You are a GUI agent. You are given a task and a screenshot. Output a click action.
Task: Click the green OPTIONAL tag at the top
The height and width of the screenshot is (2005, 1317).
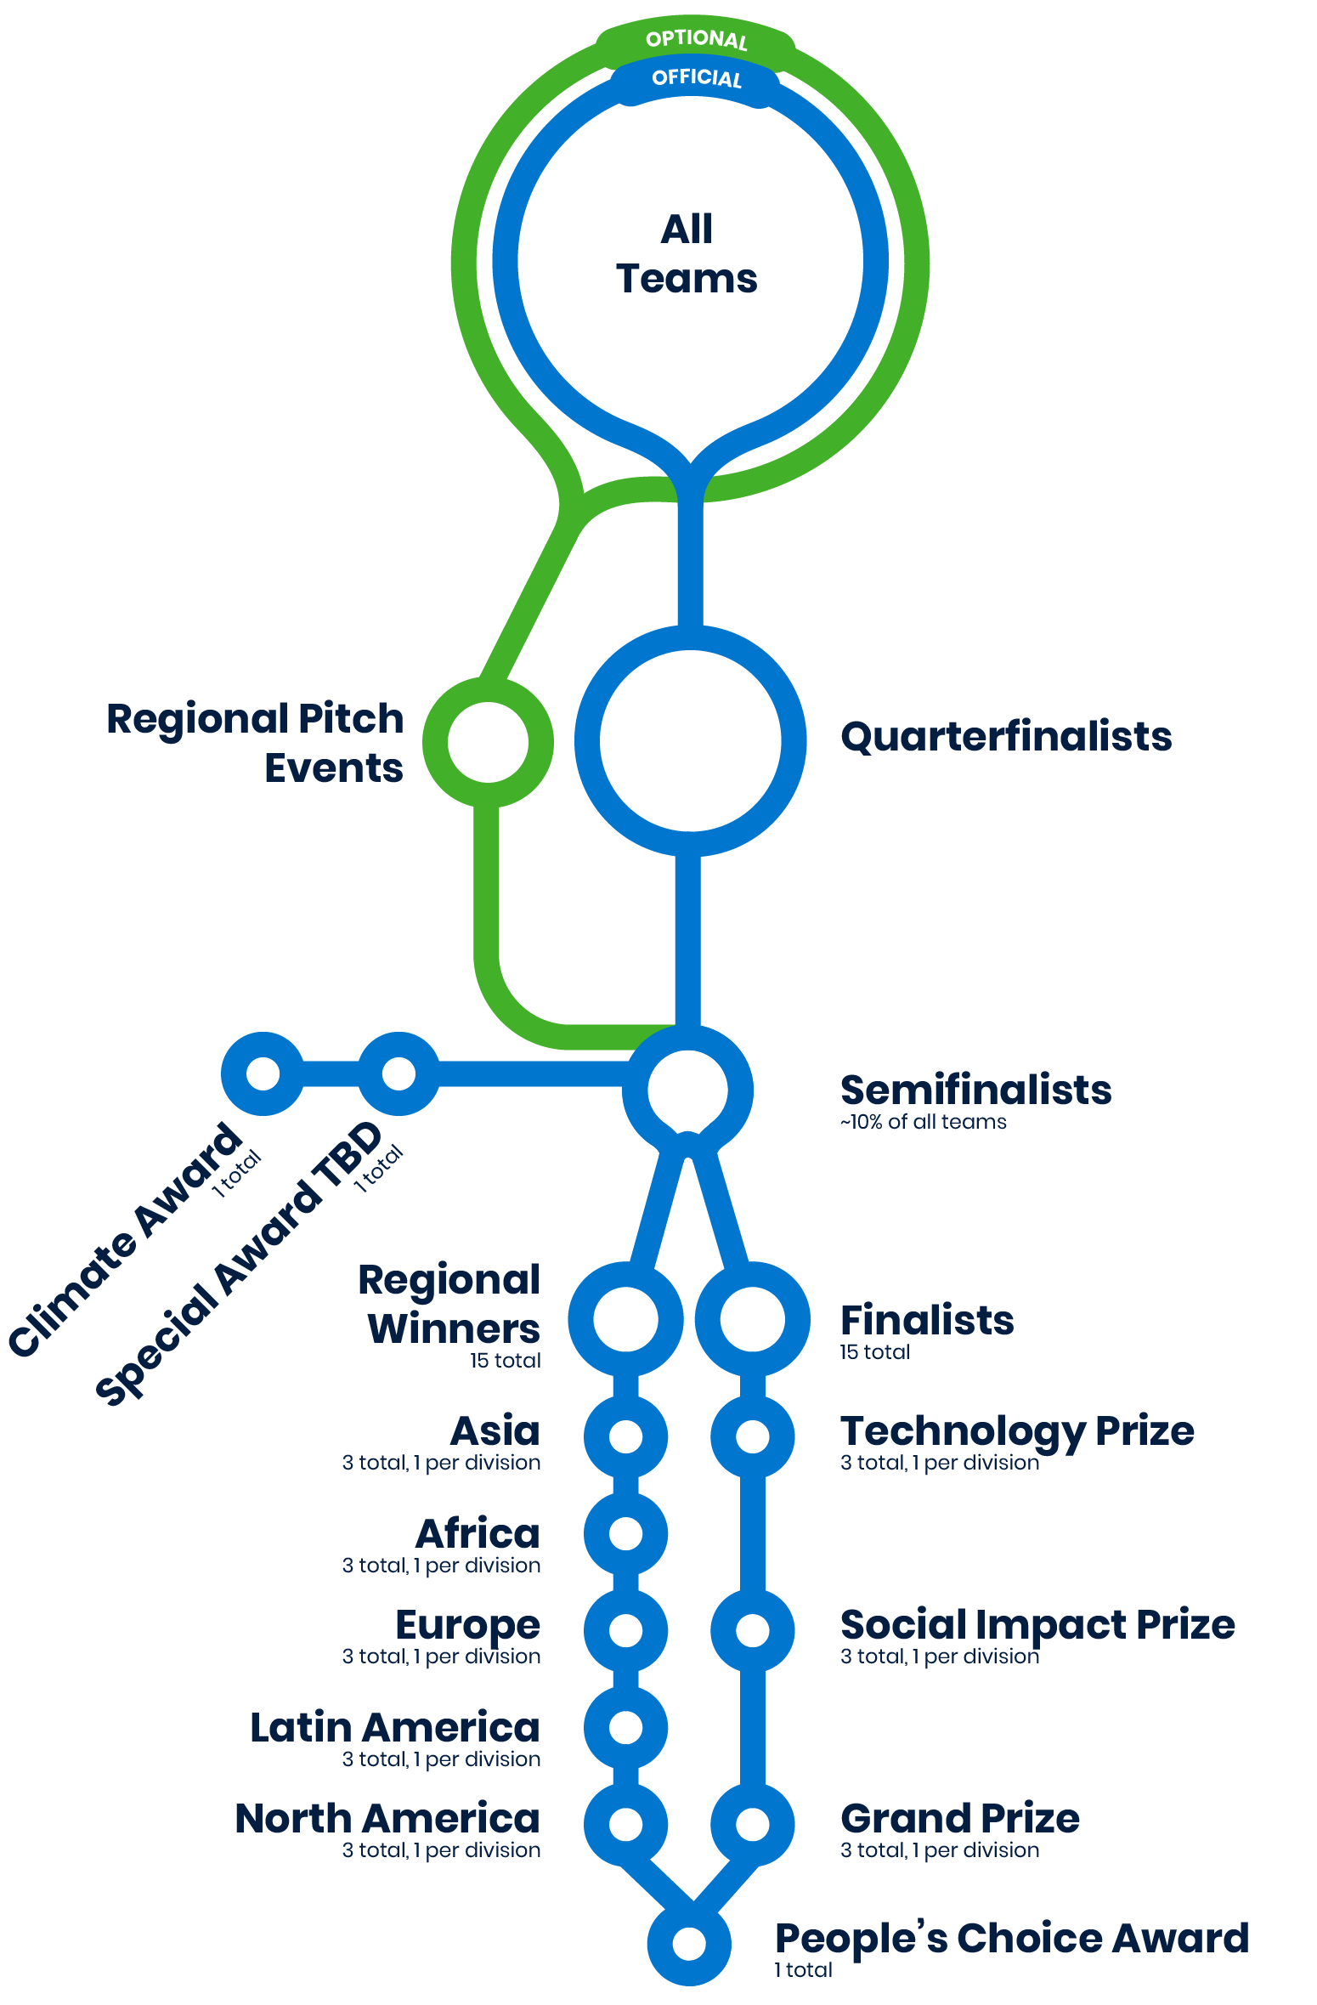click(x=696, y=39)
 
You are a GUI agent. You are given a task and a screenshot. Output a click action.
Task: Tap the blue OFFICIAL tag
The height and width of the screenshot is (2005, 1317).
click(x=696, y=78)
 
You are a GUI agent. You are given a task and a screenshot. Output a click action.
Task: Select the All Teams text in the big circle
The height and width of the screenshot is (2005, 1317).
click(x=687, y=254)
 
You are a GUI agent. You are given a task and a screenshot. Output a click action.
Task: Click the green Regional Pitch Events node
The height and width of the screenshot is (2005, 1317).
click(x=489, y=742)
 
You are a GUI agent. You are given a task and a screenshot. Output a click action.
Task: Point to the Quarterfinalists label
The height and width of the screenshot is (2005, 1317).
click(x=1006, y=737)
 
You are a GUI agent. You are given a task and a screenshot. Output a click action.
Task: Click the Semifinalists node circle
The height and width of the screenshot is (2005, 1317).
click(x=687, y=1089)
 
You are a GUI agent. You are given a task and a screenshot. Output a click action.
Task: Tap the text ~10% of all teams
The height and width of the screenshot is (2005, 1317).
click(x=923, y=1122)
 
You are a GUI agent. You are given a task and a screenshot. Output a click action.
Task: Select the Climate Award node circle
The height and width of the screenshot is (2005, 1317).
click(x=263, y=1073)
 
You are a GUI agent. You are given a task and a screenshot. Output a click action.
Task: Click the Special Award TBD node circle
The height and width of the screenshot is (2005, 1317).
click(x=398, y=1073)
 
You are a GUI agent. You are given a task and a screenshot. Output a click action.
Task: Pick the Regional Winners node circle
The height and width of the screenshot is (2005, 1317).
click(x=625, y=1318)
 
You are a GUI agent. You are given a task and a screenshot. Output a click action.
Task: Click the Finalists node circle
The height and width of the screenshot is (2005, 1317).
click(x=752, y=1318)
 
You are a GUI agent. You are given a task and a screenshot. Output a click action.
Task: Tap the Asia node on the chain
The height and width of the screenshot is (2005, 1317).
click(x=625, y=1436)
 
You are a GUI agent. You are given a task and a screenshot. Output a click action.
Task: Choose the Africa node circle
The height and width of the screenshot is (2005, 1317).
click(x=625, y=1533)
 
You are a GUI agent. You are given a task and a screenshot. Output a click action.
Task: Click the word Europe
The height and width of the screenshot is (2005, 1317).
click(x=468, y=1626)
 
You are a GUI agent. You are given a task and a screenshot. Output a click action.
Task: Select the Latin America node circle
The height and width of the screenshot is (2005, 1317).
click(x=625, y=1727)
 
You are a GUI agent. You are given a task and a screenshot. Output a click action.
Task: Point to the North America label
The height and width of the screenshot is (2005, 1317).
click(x=387, y=1819)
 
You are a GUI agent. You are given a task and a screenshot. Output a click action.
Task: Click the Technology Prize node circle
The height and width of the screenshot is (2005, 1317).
click(x=752, y=1436)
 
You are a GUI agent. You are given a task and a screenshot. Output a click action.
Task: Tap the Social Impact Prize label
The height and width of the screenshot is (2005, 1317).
click(x=1037, y=1625)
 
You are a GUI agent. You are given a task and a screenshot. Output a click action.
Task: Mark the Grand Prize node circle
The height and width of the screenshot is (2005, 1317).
click(x=752, y=1823)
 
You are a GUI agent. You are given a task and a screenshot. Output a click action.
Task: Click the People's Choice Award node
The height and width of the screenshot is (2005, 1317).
click(x=689, y=1943)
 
